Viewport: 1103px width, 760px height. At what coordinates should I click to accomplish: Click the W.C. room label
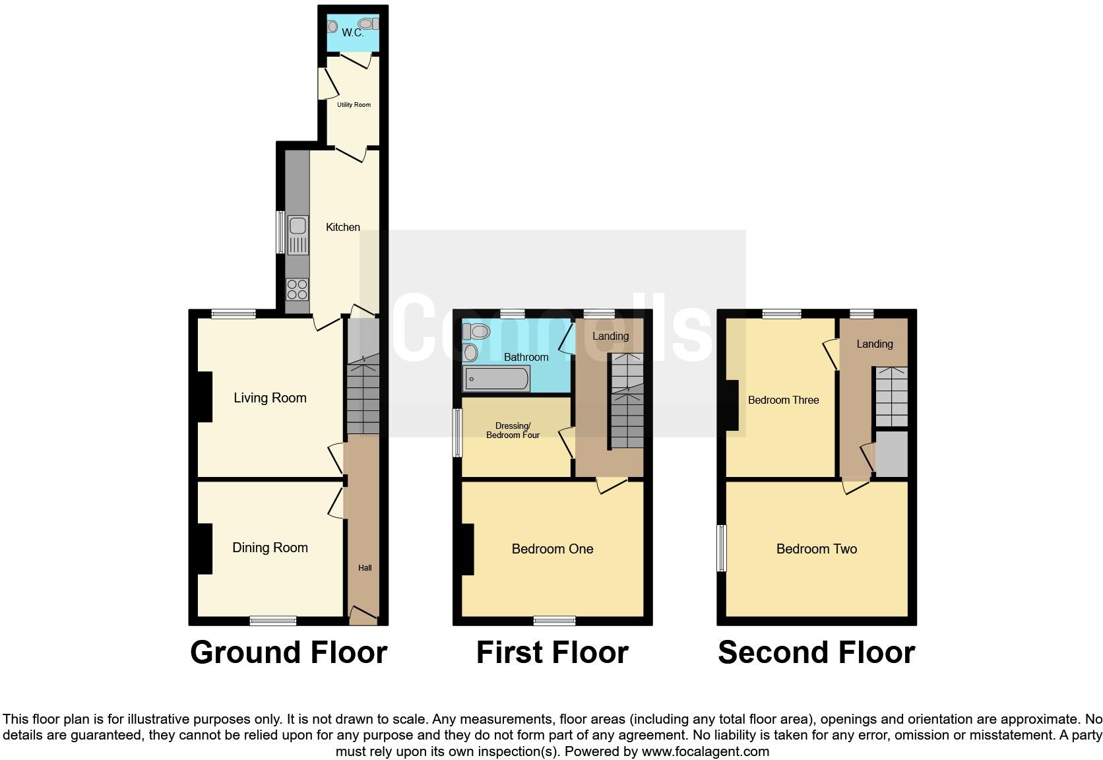[352, 32]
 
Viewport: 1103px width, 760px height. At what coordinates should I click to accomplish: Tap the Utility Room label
[354, 105]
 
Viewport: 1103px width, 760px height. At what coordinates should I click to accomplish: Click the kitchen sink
[298, 235]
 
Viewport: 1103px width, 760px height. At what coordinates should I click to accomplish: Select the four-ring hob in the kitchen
[297, 289]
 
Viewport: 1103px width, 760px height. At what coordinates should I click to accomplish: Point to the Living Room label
[270, 398]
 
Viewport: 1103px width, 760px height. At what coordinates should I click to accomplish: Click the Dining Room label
[270, 548]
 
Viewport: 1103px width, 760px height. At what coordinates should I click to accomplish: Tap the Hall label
[365, 567]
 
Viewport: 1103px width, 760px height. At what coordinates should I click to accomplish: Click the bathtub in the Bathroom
[496, 379]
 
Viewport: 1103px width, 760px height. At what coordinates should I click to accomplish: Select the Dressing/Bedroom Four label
[513, 431]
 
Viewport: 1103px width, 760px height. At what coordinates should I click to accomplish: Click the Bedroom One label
[552, 549]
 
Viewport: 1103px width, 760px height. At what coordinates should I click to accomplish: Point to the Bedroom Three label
[783, 400]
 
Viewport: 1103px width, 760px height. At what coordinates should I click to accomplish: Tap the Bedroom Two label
[816, 549]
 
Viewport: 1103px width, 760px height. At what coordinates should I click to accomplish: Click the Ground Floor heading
[288, 652]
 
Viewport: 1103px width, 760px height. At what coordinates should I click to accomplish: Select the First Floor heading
[552, 652]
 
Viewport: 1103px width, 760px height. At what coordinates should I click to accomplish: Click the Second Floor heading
[816, 652]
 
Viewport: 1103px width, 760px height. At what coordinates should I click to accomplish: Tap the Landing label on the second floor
[874, 344]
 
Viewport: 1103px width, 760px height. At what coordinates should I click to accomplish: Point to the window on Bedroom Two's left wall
[722, 548]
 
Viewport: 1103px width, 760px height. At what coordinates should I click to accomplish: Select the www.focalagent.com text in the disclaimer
[705, 751]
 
